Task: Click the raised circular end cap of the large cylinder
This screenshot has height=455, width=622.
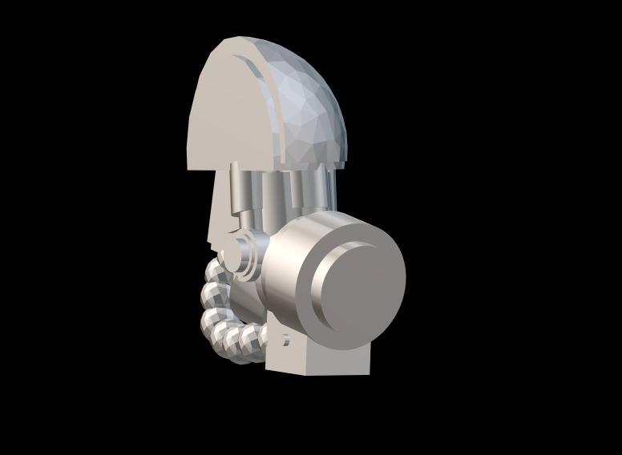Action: pos(361,281)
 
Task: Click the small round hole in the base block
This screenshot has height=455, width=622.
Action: pos(285,340)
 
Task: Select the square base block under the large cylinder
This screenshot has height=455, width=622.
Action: pos(321,360)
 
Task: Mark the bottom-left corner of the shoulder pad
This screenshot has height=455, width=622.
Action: pos(189,167)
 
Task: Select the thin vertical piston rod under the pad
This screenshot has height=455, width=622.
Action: pos(236,192)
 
